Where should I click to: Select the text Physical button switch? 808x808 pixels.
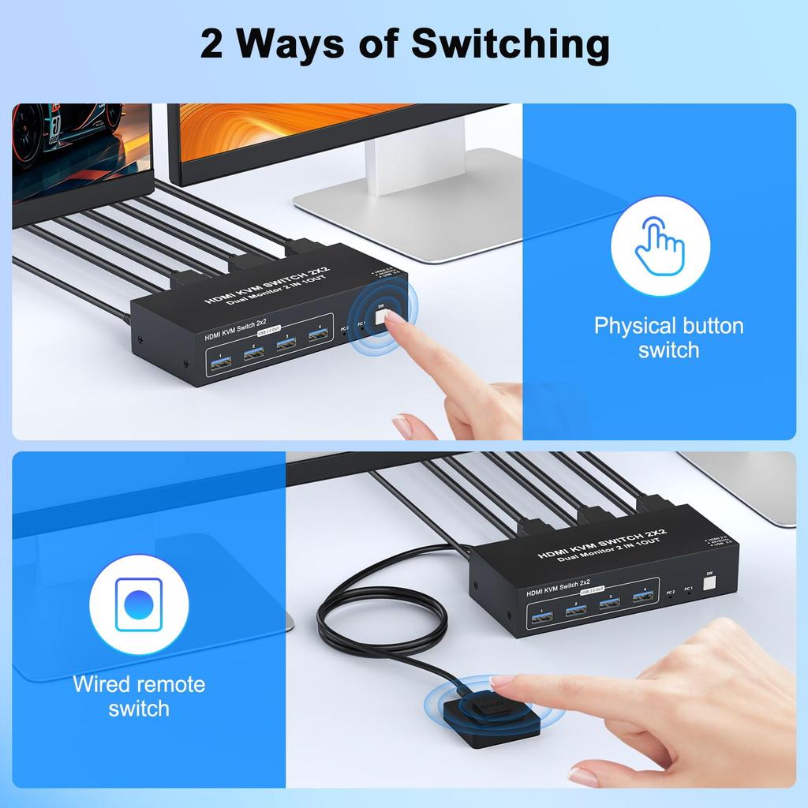(668, 338)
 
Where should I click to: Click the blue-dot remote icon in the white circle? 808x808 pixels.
(138, 604)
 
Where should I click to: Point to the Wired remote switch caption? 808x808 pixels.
(138, 696)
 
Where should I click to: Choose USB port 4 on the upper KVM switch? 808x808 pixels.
(318, 337)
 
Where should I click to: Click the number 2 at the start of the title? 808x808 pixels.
(211, 46)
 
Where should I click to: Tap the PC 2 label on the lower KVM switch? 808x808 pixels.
(670, 593)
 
